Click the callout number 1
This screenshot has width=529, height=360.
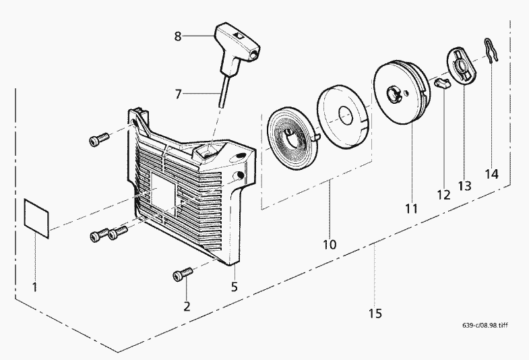point(35,287)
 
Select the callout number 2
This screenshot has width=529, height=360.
point(187,305)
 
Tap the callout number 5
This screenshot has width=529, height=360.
point(235,287)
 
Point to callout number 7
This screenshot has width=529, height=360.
point(179,94)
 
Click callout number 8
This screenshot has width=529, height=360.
point(178,36)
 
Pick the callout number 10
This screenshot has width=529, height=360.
point(330,244)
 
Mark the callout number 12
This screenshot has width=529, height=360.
point(443,195)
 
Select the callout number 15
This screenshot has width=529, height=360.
point(375,313)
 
